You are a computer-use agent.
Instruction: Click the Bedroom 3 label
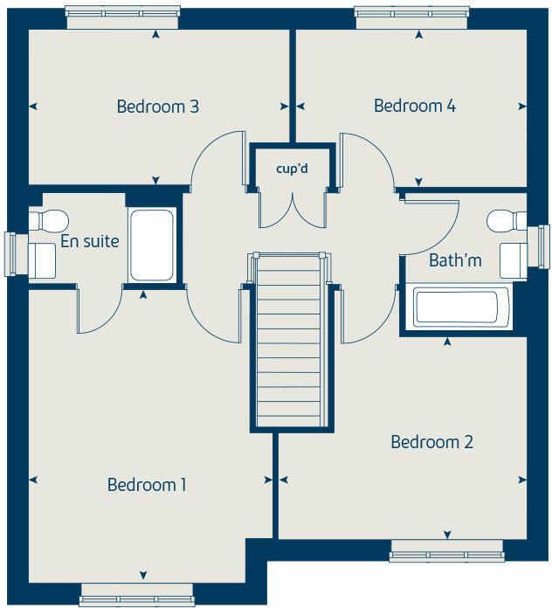pyautogui.click(x=158, y=107)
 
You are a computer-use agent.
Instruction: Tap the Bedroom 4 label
pyautogui.click(x=415, y=106)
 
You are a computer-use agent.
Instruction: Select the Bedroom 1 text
pyautogui.click(x=147, y=484)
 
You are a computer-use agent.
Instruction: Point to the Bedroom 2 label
pyautogui.click(x=431, y=442)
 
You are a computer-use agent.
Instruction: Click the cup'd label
pyautogui.click(x=292, y=167)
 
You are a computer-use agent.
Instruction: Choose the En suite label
pyautogui.click(x=90, y=241)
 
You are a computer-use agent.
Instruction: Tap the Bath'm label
pyautogui.click(x=455, y=260)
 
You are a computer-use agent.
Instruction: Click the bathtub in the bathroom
pyautogui.click(x=456, y=307)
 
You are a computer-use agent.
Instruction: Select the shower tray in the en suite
pyautogui.click(x=153, y=245)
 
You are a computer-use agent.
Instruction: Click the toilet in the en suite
pyautogui.click(x=51, y=218)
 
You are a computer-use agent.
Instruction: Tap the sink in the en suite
pyautogui.click(x=43, y=259)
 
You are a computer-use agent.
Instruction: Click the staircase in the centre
pyautogui.click(x=293, y=341)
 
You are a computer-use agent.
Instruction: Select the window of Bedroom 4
pyautogui.click(x=411, y=17)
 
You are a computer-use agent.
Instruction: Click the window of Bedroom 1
pyautogui.click(x=135, y=595)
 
